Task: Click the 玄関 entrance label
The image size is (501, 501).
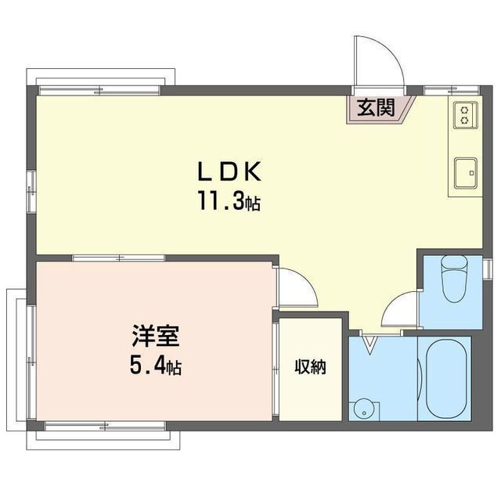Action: pos(376,109)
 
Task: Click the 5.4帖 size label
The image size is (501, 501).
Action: pos(156,366)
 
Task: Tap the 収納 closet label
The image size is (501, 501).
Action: pos(310,366)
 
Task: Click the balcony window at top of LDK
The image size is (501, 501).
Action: pos(101,88)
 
